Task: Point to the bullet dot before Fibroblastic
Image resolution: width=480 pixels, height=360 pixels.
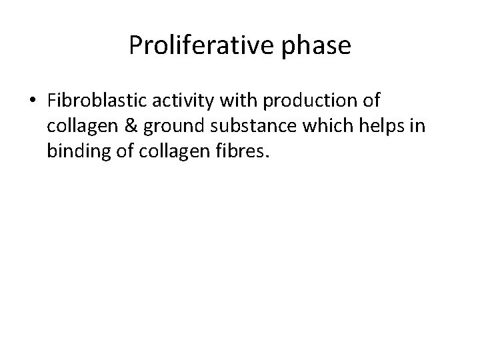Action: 33,101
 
